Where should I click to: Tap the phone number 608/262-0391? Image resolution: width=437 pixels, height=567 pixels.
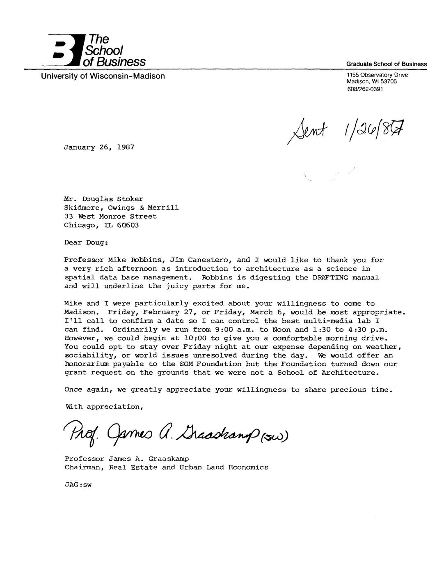tap(365, 89)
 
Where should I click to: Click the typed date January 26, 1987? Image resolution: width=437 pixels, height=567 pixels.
tap(99, 147)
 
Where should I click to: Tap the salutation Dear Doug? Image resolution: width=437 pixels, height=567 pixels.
tap(86, 242)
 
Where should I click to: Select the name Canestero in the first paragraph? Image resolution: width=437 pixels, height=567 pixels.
tap(209, 260)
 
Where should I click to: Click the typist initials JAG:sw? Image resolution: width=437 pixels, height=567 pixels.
tap(78, 484)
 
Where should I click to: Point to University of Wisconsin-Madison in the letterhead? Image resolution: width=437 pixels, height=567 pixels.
tap(103, 76)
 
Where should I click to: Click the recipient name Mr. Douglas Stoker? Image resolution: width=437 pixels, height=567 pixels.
tap(104, 199)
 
